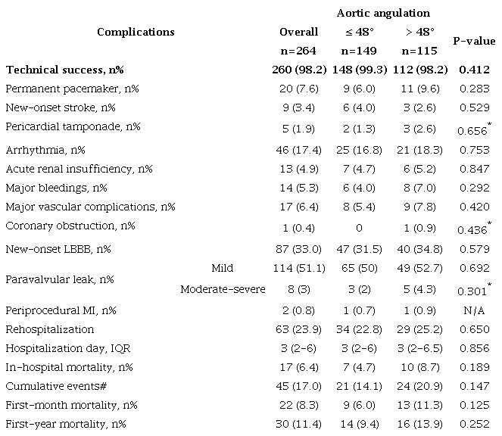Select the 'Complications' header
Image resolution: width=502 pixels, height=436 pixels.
(x=136, y=32)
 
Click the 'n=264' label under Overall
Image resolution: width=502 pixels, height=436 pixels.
(x=299, y=51)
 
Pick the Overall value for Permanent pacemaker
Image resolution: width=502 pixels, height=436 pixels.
(x=299, y=89)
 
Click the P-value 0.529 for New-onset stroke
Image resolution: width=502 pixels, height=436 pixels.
(x=474, y=107)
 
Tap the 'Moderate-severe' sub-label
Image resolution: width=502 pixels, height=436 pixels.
(x=223, y=288)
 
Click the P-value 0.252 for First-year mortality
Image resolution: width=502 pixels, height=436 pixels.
(x=474, y=423)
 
